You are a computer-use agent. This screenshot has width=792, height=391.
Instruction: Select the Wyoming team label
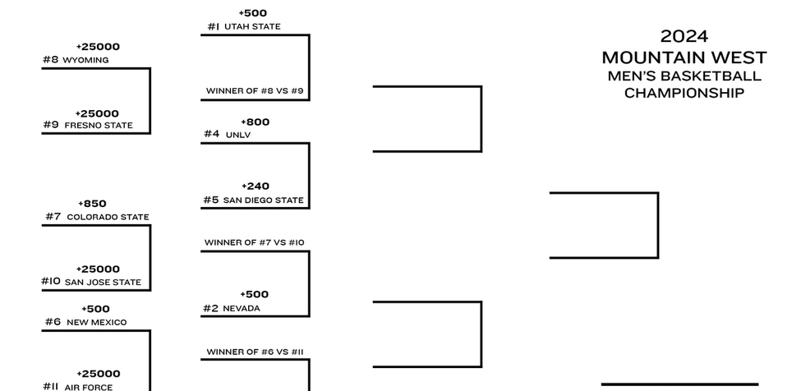pos(85,60)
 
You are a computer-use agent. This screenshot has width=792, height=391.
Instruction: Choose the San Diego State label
pos(263,200)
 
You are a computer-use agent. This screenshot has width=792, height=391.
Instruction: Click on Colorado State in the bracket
pos(108,217)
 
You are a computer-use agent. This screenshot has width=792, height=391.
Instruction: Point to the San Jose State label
pos(103,282)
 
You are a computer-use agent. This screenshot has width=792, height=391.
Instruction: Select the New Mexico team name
pos(96,322)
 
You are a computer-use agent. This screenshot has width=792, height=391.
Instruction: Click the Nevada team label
pos(241,308)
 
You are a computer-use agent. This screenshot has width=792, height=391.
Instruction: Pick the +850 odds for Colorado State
pos(92,204)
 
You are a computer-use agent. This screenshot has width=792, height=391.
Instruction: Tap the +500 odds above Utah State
pos(252,13)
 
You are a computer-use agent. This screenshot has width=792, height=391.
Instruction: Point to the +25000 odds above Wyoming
pos(98,47)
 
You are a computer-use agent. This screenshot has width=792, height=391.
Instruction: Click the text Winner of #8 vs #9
pos(255,90)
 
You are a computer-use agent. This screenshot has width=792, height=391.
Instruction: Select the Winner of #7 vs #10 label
pos(254,242)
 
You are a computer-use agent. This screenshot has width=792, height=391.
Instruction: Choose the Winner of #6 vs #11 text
pos(255,352)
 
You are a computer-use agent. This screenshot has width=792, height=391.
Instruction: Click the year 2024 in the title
pos(684,36)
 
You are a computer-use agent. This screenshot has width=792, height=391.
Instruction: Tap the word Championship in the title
pos(684,93)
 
